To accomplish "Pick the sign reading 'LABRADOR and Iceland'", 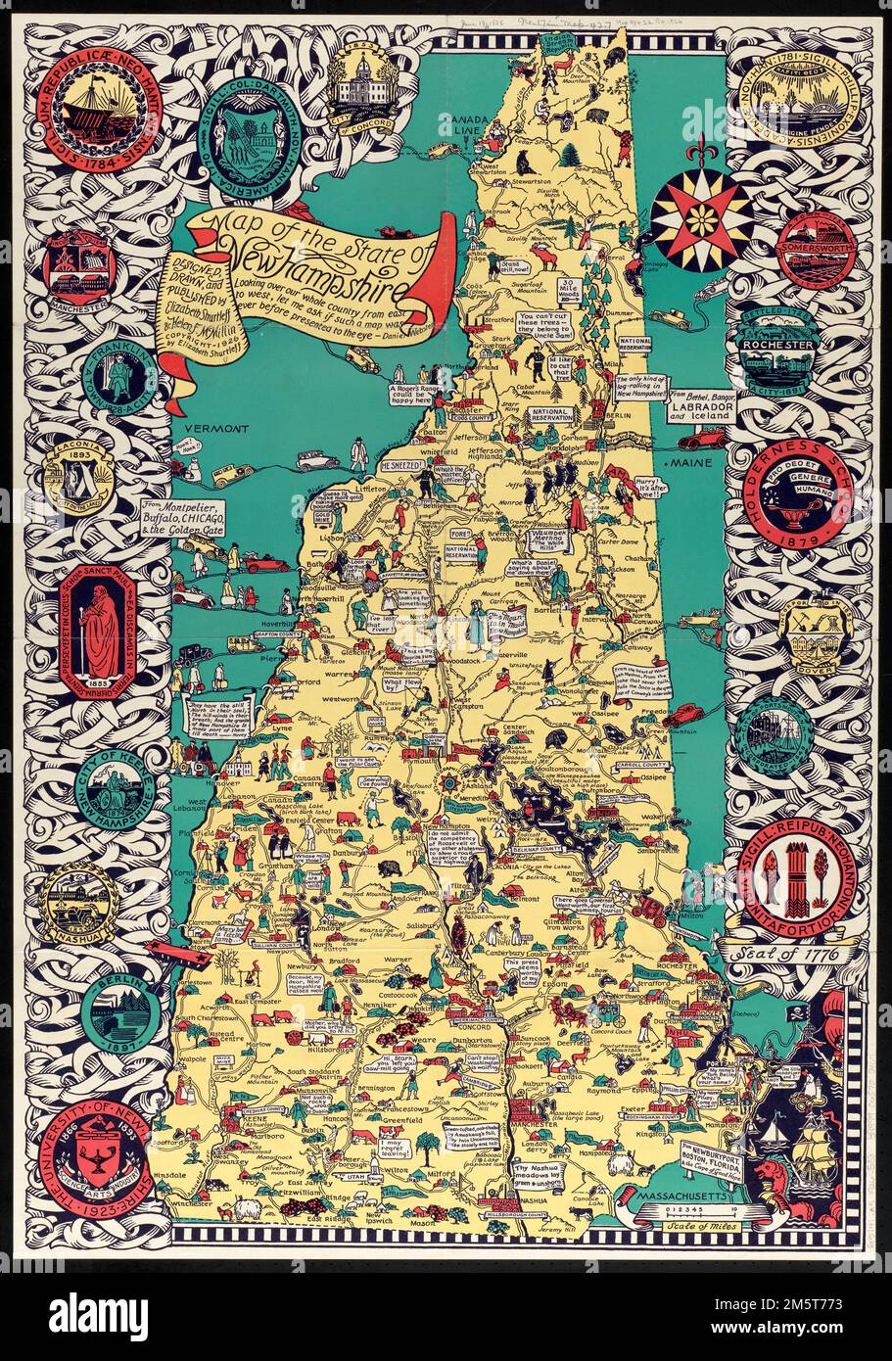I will (701, 402).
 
